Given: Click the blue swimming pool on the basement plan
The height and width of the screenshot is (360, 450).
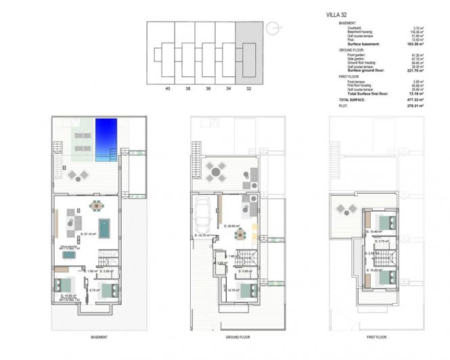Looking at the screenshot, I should (107, 141).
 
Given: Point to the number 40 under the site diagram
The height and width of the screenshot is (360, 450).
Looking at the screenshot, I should (166, 87).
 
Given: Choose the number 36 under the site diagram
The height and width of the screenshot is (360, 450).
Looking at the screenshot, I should (208, 87).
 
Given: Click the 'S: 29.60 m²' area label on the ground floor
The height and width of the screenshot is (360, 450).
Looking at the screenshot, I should (233, 227).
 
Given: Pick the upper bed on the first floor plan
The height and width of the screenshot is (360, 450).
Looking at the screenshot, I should (387, 224).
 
